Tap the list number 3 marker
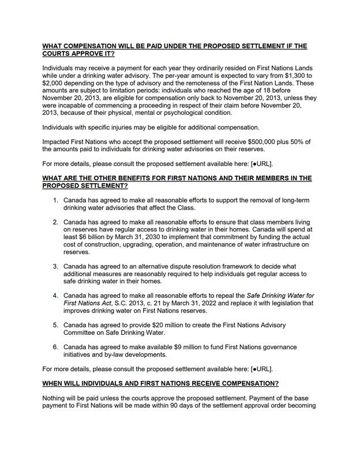(x=55, y=266)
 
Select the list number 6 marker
(x=55, y=347)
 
